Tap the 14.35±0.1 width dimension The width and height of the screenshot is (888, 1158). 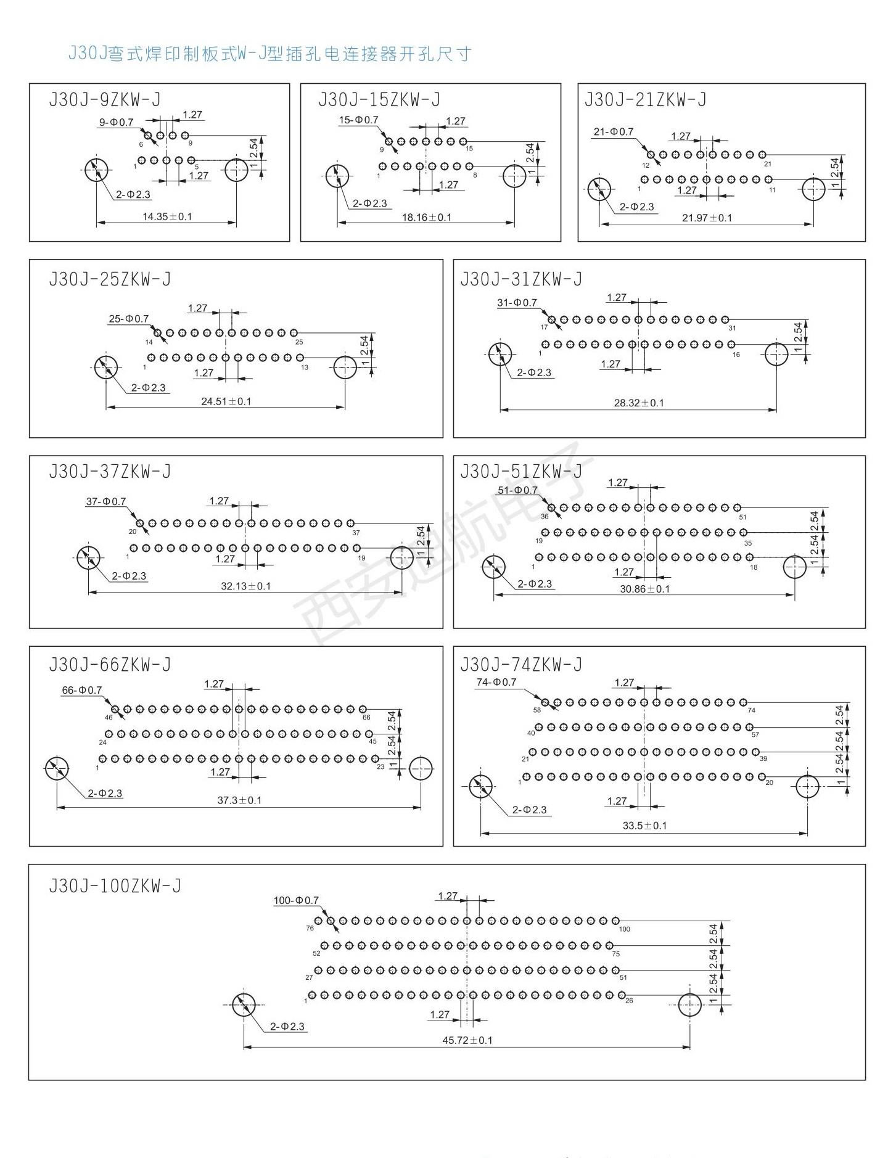click(167, 216)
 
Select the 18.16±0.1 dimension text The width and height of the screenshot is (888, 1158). click(427, 217)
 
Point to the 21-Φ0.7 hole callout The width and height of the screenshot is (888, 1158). click(614, 132)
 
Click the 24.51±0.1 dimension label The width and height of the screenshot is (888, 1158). click(226, 401)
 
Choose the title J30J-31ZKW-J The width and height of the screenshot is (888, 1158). click(521, 279)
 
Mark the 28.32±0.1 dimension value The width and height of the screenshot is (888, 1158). click(639, 403)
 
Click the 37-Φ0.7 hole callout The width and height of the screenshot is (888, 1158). click(105, 502)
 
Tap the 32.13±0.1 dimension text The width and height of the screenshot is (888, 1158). click(246, 586)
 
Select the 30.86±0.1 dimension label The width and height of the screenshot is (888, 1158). click(645, 589)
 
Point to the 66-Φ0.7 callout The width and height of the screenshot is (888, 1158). click(82, 691)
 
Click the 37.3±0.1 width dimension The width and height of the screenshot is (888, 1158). click(239, 800)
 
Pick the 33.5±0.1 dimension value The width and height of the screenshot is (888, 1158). click(644, 826)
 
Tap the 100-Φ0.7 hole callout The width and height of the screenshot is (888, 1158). click(296, 901)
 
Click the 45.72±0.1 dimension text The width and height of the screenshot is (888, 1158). click(467, 1040)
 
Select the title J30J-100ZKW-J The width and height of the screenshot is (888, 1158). click(115, 886)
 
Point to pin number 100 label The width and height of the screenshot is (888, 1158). click(625, 929)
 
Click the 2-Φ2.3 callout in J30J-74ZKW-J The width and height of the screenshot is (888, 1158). click(529, 810)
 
